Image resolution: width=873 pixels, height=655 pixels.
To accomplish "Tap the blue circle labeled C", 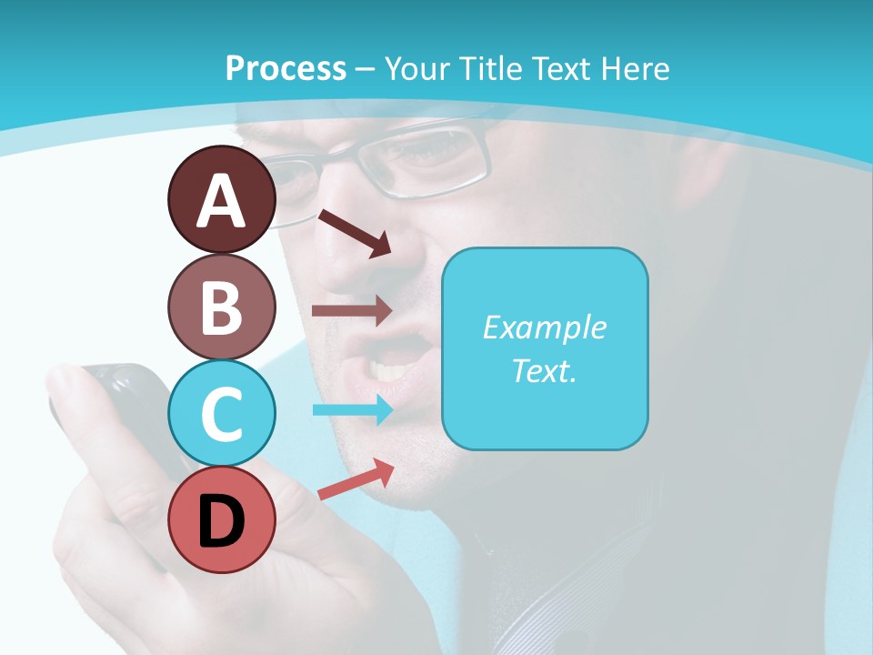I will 221,415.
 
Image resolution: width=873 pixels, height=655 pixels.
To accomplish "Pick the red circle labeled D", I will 221,520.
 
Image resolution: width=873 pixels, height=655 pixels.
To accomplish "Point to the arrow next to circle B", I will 352,310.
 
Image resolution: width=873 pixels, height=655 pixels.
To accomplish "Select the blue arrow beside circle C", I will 352,409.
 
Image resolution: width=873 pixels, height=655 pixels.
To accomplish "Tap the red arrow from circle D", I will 356,479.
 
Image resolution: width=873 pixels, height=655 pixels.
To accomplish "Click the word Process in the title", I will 286,68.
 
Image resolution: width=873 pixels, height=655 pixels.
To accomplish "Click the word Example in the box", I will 544,327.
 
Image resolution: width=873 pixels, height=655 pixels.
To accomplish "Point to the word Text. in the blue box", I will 544,370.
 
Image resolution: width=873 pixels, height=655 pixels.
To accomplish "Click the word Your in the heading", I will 418,68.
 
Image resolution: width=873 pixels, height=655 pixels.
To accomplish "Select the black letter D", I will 221,522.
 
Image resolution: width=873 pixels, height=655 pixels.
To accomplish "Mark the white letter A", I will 221,201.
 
